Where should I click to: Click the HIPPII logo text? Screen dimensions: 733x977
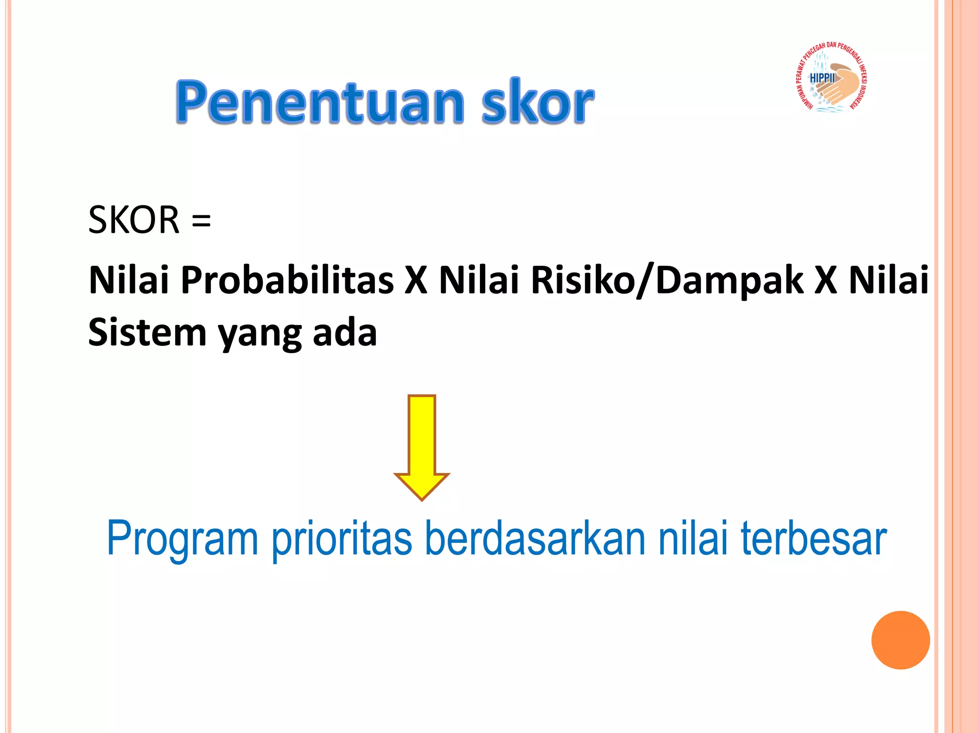point(822,78)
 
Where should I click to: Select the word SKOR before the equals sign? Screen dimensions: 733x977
point(134,220)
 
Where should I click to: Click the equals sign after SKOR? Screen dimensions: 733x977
point(201,221)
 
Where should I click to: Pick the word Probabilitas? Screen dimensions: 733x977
point(287,280)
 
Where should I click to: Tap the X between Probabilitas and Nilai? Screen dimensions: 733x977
point(416,280)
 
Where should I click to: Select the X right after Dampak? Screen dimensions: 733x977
point(825,280)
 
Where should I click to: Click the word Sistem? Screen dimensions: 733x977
point(147,333)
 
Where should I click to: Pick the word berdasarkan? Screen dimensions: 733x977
point(535,538)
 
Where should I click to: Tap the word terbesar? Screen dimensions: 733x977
point(813,538)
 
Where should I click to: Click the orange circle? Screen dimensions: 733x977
point(900,640)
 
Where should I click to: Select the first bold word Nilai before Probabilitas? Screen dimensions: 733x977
point(129,280)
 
